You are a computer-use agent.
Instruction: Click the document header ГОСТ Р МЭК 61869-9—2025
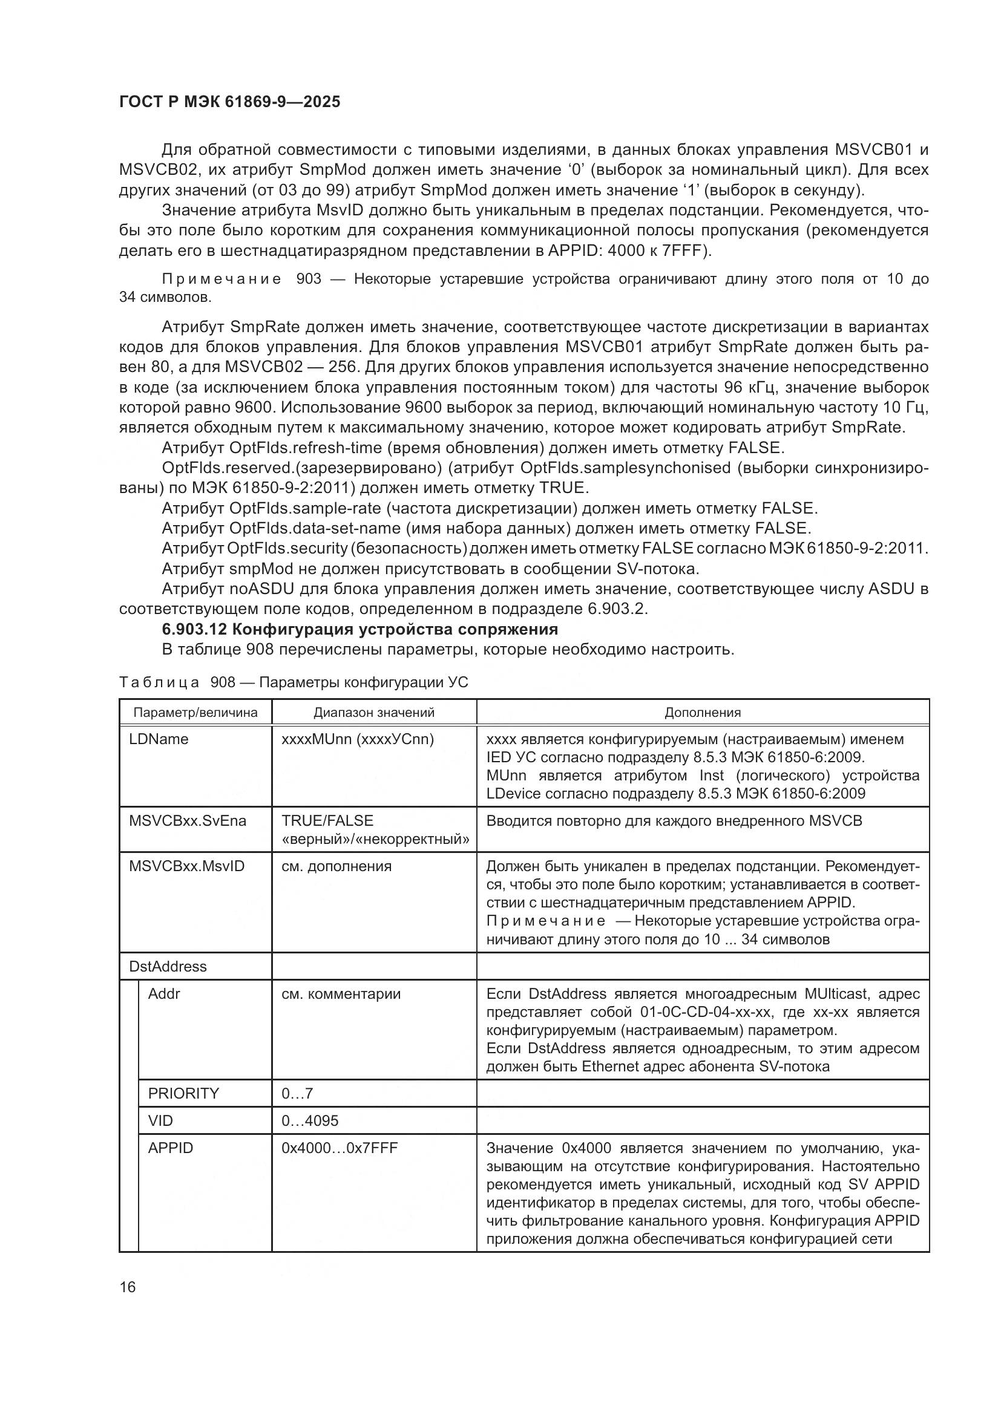point(229,102)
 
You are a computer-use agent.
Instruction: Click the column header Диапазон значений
point(373,713)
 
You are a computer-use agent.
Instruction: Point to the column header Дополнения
point(702,713)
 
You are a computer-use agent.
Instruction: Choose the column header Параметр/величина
point(195,713)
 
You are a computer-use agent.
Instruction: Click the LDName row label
point(159,739)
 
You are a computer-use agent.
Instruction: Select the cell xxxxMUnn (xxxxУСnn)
point(358,739)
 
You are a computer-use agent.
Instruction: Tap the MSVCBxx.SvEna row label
point(188,821)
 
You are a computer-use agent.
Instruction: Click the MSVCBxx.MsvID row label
point(187,866)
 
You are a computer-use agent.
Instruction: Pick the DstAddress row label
point(168,966)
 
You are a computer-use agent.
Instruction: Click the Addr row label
point(164,993)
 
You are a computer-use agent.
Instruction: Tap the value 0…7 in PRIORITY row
point(297,1093)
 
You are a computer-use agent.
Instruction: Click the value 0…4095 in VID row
point(310,1120)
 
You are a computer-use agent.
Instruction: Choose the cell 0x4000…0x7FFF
point(340,1148)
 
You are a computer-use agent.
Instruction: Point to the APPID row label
point(170,1148)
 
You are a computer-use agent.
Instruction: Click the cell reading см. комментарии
point(341,993)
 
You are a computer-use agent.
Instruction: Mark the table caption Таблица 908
point(293,682)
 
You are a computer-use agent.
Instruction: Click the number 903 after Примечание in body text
point(309,279)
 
